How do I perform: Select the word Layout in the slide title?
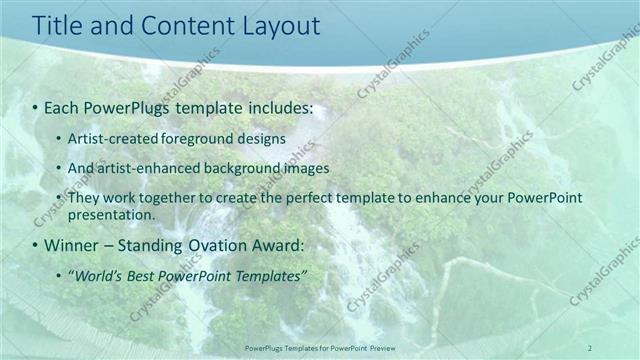[277, 27]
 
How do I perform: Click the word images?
[294, 168]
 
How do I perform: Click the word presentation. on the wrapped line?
[111, 214]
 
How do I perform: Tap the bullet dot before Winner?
[36, 244]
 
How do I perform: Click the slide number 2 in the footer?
[590, 347]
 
